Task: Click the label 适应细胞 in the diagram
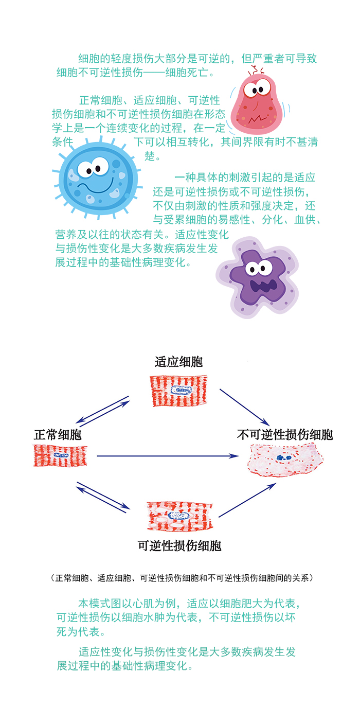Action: [x=178, y=362]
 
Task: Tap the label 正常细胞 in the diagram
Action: [x=58, y=435]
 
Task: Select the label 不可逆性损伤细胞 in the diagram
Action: [x=285, y=435]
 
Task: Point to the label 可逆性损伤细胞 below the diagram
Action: [x=179, y=545]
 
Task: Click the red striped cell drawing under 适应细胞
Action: [x=178, y=391]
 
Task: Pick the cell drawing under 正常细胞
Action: [x=60, y=455]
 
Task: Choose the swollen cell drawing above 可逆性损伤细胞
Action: [x=179, y=516]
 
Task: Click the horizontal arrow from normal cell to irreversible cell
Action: [x=167, y=456]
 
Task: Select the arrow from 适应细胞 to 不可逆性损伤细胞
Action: [x=244, y=407]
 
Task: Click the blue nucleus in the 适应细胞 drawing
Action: [x=181, y=390]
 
